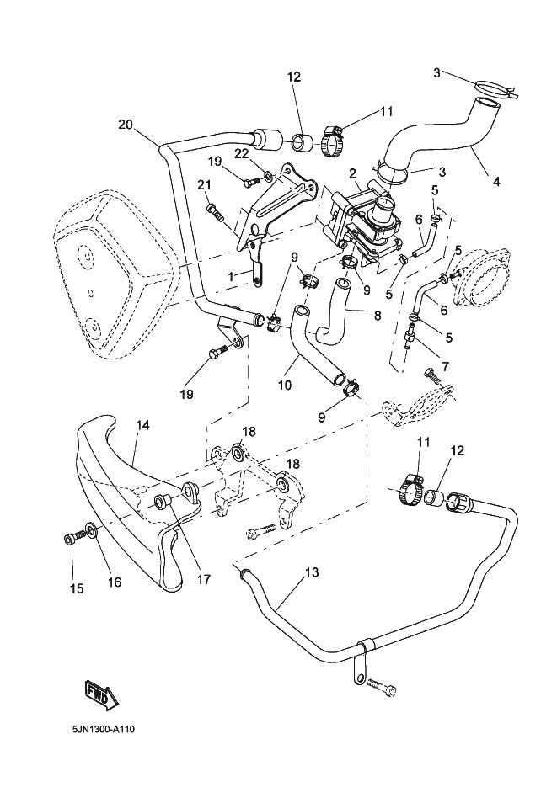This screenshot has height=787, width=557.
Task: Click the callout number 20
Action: click(x=126, y=125)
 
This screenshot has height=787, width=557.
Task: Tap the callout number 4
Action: click(x=496, y=180)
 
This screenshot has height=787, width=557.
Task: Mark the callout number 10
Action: click(x=286, y=386)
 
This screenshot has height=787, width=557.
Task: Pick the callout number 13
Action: click(x=312, y=573)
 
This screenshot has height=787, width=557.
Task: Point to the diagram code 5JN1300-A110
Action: click(x=101, y=727)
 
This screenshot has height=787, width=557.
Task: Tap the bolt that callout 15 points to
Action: click(x=71, y=536)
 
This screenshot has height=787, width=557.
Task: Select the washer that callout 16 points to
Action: click(x=90, y=534)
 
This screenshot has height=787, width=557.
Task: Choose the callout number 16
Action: click(x=115, y=582)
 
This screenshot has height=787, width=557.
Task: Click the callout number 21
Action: click(x=203, y=185)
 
